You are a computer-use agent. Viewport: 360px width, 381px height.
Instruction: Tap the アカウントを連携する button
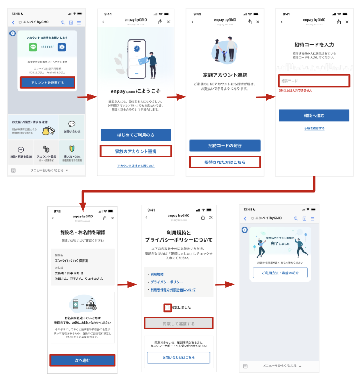[47, 82]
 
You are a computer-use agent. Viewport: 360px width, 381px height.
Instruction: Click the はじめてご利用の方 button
[136, 134]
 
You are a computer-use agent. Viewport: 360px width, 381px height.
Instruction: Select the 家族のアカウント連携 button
[136, 151]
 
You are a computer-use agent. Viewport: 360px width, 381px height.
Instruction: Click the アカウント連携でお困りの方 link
[136, 166]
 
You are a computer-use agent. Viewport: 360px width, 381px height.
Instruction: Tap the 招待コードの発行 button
[225, 145]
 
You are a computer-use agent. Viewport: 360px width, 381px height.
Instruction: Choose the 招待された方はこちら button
[225, 162]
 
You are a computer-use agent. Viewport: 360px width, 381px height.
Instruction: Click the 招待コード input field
[314, 81]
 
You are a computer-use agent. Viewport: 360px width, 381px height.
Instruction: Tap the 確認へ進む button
[314, 115]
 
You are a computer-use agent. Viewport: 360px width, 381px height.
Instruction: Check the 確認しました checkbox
[167, 307]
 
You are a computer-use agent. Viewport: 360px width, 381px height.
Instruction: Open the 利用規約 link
[157, 274]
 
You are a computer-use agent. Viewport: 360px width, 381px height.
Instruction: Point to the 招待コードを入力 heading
[314, 44]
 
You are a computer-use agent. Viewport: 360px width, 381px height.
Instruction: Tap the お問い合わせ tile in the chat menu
[72, 127]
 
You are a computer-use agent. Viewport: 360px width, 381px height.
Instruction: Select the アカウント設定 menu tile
[46, 153]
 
